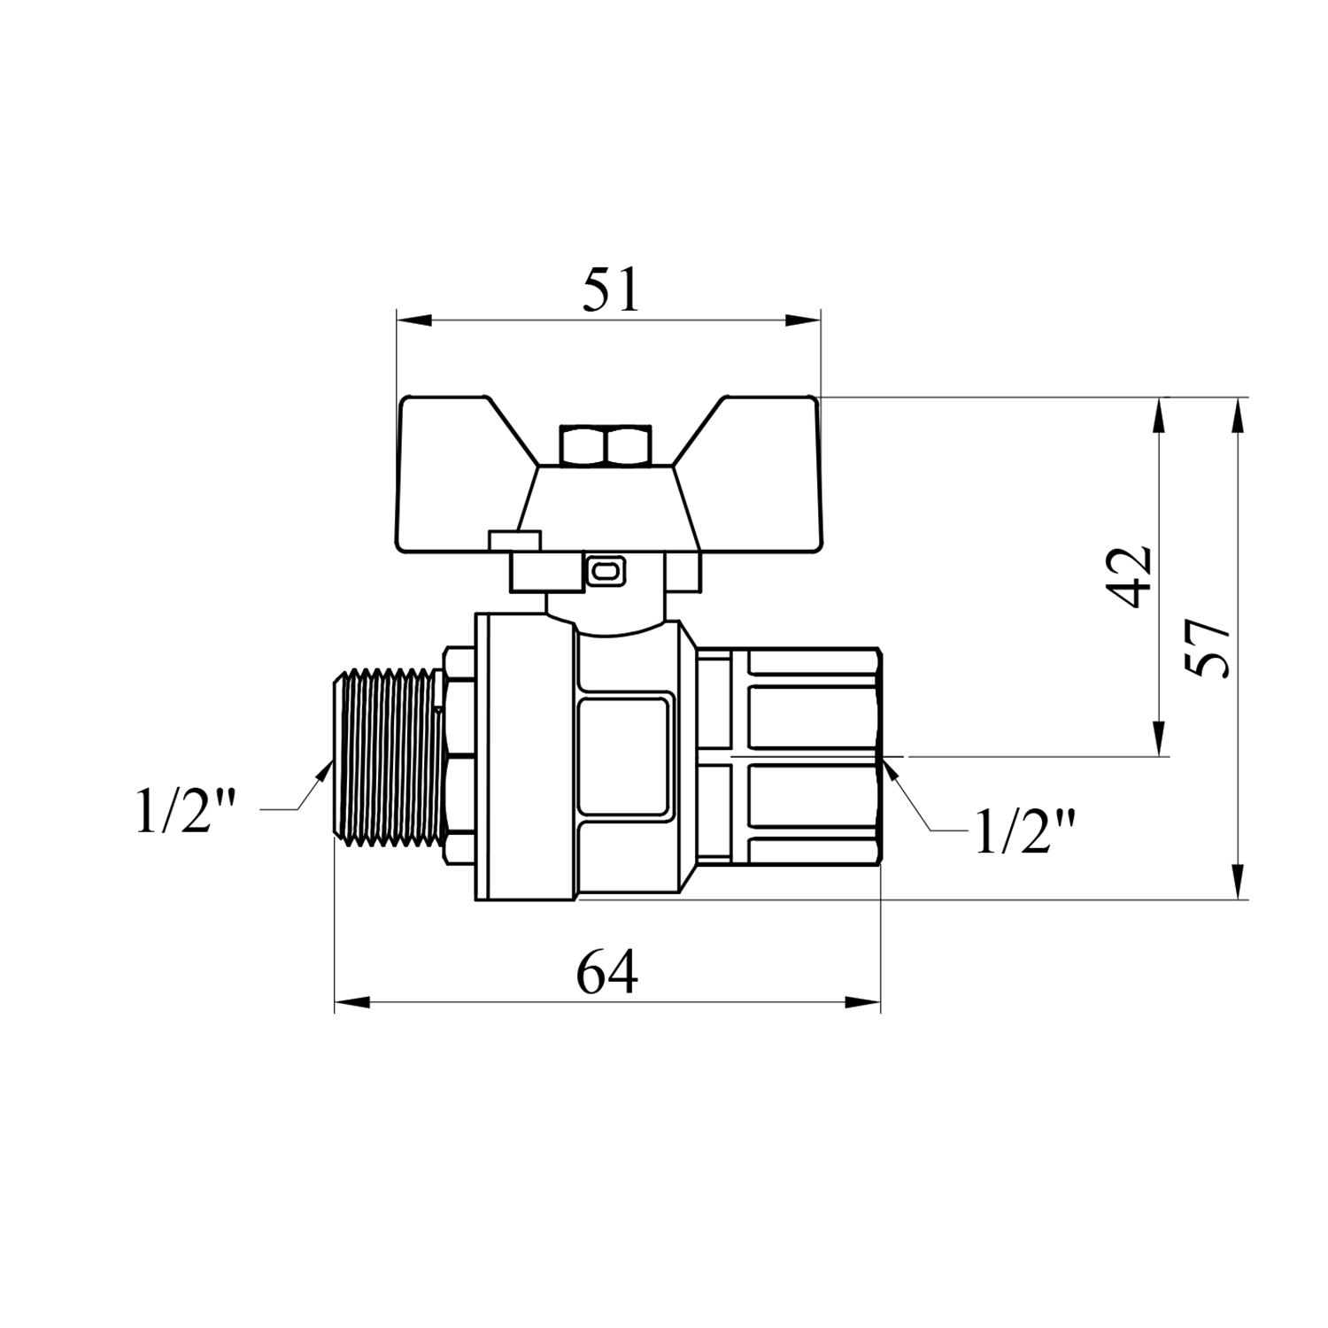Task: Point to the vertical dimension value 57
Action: pyautogui.click(x=1208, y=648)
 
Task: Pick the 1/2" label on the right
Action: pyautogui.click(x=1025, y=830)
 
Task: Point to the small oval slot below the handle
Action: pyautogui.click(x=606, y=573)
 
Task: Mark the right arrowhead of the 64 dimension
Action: pyautogui.click(x=863, y=1003)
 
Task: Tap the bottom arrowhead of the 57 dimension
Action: pyautogui.click(x=1239, y=882)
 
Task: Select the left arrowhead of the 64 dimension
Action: pyautogui.click(x=352, y=1003)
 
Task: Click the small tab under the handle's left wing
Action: pyautogui.click(x=514, y=540)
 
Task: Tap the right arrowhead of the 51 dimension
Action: pyautogui.click(x=803, y=320)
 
